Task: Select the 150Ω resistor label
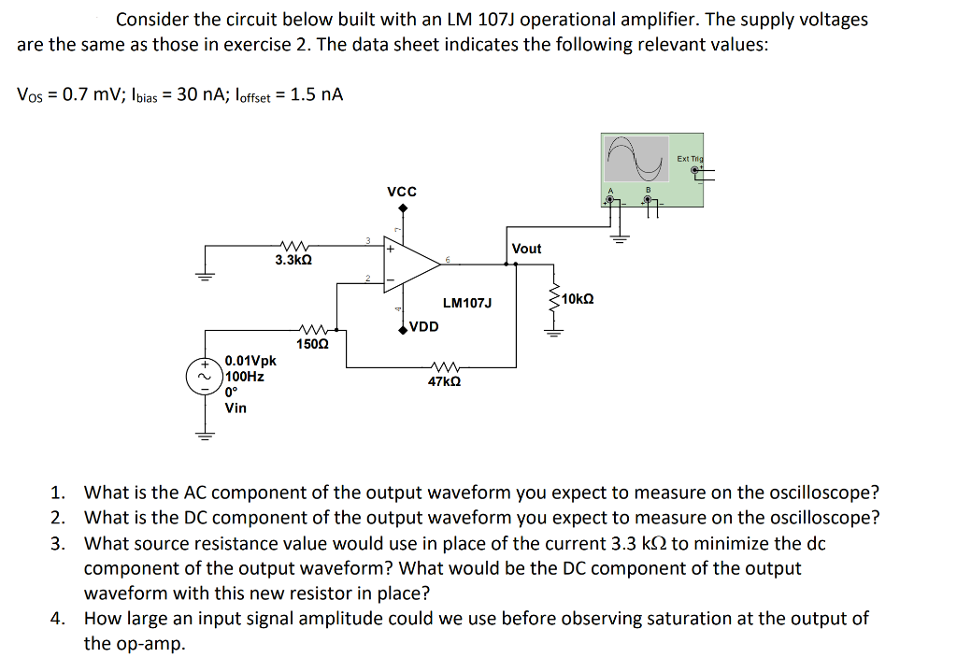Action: tap(311, 344)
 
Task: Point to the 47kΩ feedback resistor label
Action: tap(443, 382)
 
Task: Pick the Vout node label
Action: tap(526, 249)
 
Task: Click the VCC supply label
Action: tap(401, 192)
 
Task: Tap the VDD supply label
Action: tap(423, 327)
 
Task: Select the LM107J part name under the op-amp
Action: tap(467, 303)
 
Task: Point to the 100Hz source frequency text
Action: tap(245, 377)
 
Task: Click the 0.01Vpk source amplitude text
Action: tap(250, 361)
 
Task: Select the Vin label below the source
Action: tap(236, 407)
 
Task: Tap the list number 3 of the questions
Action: tap(57, 543)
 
